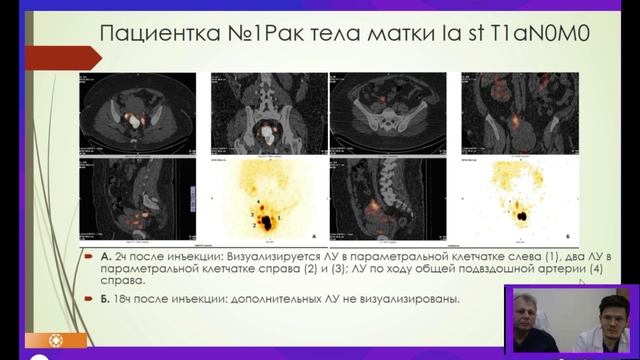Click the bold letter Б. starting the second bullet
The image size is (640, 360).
tap(91, 297)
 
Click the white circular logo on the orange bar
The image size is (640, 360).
tap(41, 339)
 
